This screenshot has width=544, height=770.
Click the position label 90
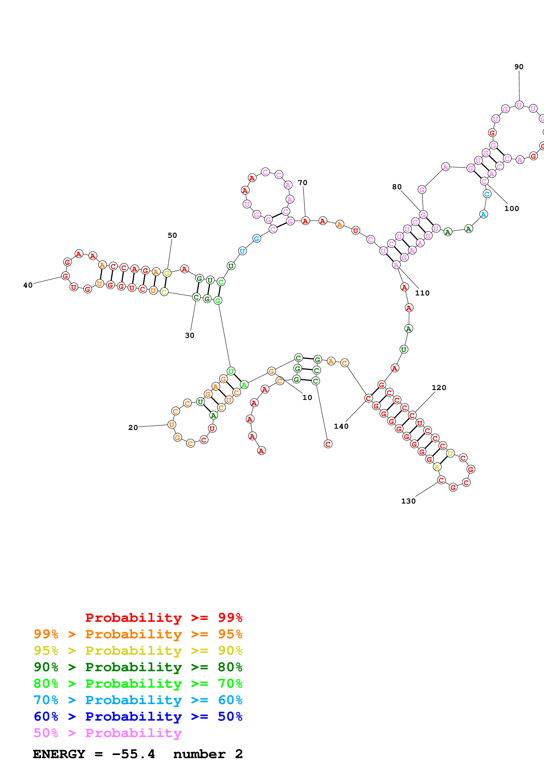click(519, 67)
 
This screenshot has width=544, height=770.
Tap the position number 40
click(28, 285)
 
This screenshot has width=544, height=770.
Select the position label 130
click(408, 501)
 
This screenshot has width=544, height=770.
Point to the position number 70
click(302, 183)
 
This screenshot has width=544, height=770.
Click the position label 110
click(422, 293)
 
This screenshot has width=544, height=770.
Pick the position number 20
click(133, 428)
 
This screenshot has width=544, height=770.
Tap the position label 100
click(512, 209)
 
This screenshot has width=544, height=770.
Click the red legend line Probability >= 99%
click(163, 618)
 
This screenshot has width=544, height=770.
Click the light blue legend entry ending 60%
click(138, 700)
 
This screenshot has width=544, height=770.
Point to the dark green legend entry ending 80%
click(138, 667)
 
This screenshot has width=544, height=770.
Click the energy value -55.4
click(133, 754)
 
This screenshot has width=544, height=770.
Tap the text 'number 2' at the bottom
click(208, 754)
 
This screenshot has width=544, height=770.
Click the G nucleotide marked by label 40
click(65, 276)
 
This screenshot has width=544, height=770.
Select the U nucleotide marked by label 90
click(519, 105)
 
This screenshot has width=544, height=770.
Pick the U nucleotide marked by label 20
click(172, 425)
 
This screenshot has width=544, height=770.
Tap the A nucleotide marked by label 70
click(305, 221)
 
